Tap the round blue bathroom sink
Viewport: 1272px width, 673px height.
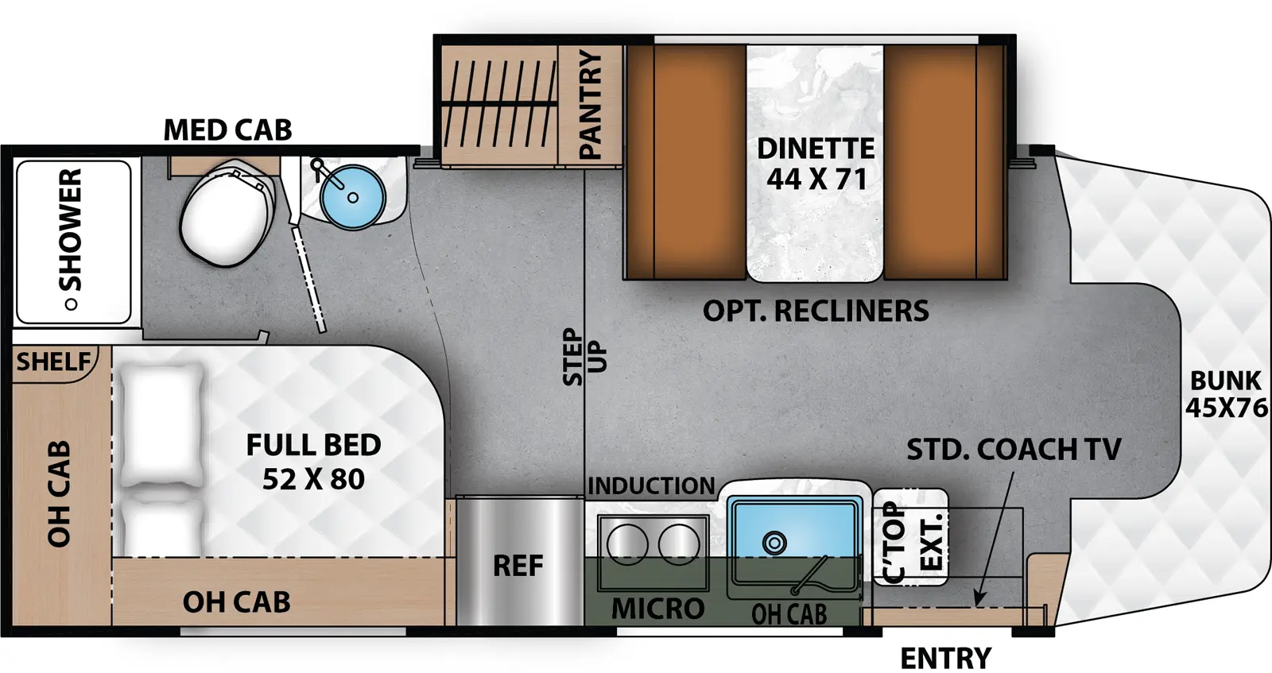(x=352, y=195)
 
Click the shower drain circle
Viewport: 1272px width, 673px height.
(x=71, y=304)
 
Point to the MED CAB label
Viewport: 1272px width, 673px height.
(x=227, y=130)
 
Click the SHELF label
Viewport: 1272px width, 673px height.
(x=53, y=362)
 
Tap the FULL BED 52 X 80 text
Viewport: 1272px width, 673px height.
(x=313, y=462)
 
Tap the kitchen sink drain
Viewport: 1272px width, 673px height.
(x=774, y=543)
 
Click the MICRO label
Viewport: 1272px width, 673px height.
(x=658, y=609)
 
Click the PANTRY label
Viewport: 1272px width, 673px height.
(x=590, y=103)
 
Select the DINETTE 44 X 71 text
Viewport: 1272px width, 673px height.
(x=816, y=164)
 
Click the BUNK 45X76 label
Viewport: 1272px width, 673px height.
(x=1225, y=394)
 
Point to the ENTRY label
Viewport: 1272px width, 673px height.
(x=945, y=658)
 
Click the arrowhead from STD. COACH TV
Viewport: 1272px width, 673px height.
(x=979, y=600)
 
